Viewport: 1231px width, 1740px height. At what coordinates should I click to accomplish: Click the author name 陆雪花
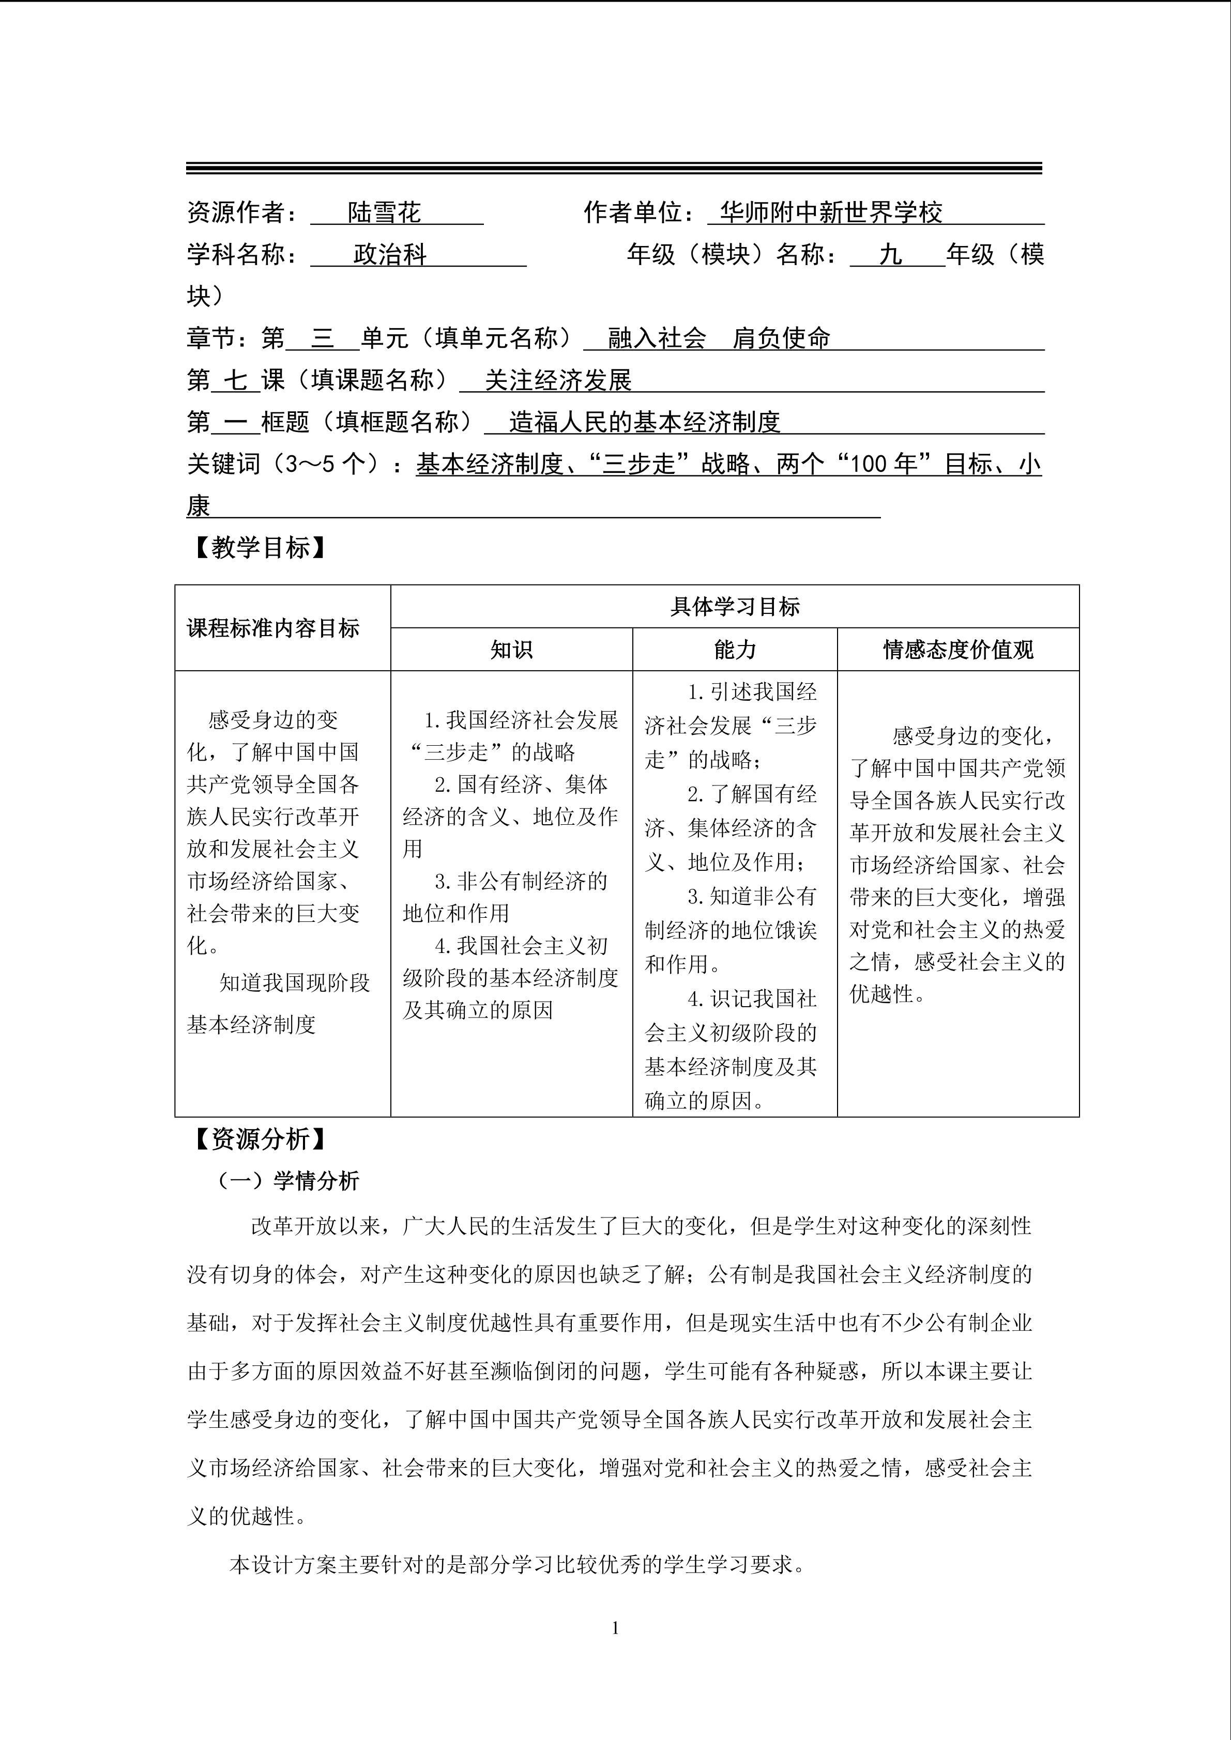pyautogui.click(x=384, y=213)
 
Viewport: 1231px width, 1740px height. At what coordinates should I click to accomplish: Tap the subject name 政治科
pyautogui.click(x=390, y=255)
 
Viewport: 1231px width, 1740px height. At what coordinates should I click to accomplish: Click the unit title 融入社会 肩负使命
pyautogui.click(x=719, y=338)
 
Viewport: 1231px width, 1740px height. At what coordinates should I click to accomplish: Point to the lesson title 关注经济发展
pyautogui.click(x=558, y=380)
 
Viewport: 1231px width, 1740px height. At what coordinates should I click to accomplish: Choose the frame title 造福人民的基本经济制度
pyautogui.click(x=644, y=422)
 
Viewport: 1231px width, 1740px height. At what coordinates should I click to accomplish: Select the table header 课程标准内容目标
pyautogui.click(x=273, y=628)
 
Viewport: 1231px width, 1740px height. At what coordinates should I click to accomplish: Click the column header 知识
pyautogui.click(x=512, y=650)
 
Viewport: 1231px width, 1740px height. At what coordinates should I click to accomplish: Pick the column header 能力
pyautogui.click(x=735, y=650)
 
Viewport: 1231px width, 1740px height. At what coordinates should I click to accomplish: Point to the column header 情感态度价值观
pyautogui.click(x=958, y=650)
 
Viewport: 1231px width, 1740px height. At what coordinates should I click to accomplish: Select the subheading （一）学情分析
pyautogui.click(x=288, y=1181)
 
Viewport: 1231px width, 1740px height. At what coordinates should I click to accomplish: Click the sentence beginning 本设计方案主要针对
pyautogui.click(x=517, y=1564)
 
